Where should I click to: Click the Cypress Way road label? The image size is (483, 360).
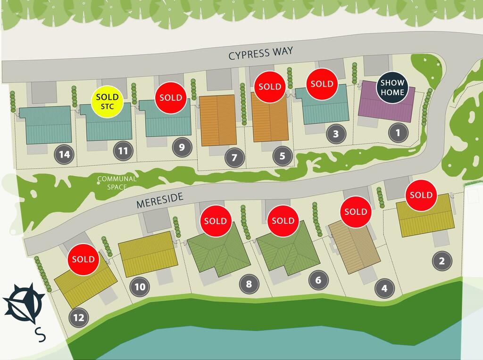pos(261,54)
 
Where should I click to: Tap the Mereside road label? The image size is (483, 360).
pos(159,200)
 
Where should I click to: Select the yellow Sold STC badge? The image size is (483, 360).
pos(108,101)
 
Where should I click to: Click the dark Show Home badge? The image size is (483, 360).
pos(392,88)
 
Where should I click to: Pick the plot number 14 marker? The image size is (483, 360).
pos(65,154)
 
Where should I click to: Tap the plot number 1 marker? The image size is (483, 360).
pos(398,133)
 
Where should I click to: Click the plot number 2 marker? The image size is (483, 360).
pos(441,260)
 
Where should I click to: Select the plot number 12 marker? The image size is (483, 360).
pos(79,317)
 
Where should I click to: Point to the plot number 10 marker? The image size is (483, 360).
pos(141,286)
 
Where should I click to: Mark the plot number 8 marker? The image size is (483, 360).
pos(249,284)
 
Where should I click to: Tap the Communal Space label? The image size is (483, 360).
pos(117,183)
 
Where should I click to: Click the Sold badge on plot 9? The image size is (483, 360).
pos(170,98)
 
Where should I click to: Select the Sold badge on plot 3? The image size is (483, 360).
pos(322,84)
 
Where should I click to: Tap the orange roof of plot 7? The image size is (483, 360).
pos(218,121)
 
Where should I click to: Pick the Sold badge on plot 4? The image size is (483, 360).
pos(356,212)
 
